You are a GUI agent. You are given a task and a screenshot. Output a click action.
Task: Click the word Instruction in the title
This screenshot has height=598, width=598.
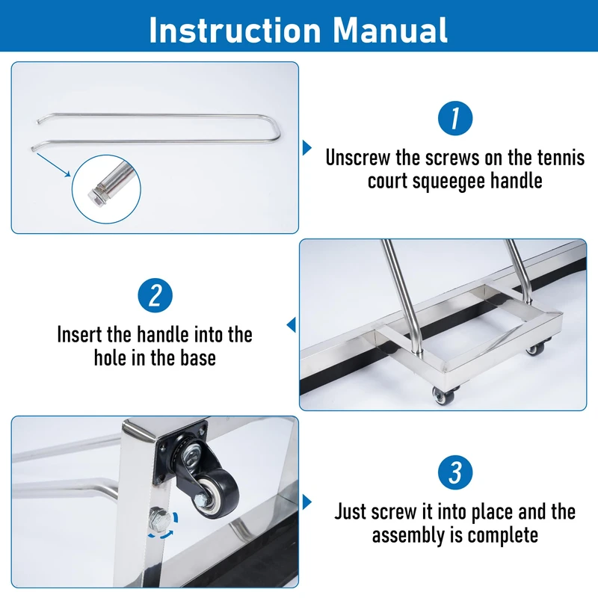click(x=235, y=30)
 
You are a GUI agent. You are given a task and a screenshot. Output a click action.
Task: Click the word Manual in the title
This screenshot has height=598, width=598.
click(x=389, y=30)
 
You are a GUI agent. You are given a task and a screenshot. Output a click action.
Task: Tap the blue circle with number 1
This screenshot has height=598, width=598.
click(x=455, y=118)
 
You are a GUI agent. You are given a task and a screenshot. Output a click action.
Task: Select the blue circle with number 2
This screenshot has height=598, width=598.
click(x=155, y=295)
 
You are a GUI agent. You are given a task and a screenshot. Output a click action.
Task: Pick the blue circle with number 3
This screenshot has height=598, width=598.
click(x=455, y=472)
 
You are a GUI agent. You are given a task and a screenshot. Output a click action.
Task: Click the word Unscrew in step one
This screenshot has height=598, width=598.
click(x=358, y=158)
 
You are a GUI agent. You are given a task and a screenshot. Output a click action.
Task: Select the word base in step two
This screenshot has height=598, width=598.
click(x=198, y=358)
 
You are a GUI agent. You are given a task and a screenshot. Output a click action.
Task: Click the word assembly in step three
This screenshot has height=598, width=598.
click(x=409, y=535)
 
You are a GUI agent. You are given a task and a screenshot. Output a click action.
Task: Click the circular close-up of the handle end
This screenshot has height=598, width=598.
click(x=106, y=189)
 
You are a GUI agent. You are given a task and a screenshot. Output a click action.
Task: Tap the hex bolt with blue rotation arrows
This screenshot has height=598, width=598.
click(x=159, y=520)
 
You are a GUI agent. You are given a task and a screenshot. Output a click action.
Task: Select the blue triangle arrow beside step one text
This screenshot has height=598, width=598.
click(x=307, y=147)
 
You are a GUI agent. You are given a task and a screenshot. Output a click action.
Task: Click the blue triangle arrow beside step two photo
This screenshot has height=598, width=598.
click(x=291, y=325)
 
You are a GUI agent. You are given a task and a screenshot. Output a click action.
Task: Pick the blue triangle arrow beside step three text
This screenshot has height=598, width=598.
click(x=307, y=502)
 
